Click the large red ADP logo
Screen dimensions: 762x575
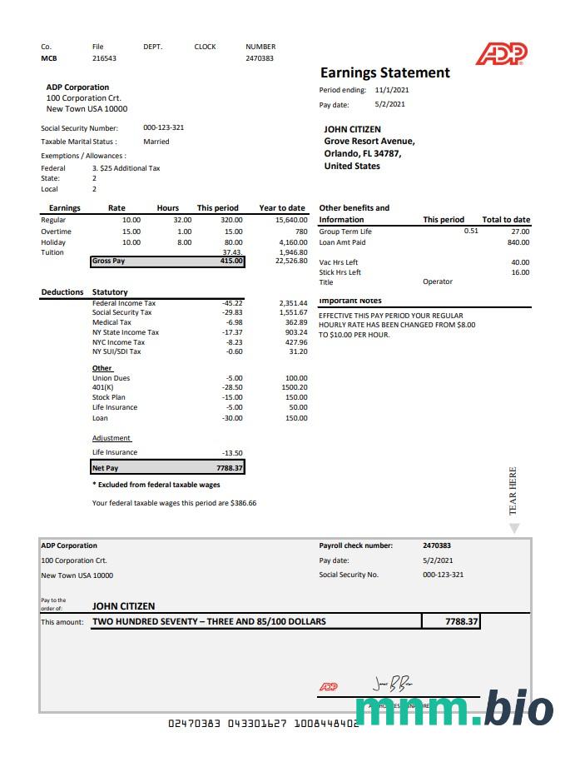point(501,54)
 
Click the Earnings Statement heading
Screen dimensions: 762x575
point(384,72)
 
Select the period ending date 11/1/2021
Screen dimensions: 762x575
point(392,90)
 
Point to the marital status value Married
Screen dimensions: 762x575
point(156,142)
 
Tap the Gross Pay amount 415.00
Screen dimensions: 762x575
point(232,261)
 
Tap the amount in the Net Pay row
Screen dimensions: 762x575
point(228,468)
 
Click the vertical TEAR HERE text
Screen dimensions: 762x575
point(513,491)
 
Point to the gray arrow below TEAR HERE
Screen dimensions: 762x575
point(513,528)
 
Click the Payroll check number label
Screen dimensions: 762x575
point(356,545)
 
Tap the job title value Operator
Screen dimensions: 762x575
point(438,281)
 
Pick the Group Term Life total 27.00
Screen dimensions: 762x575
point(520,232)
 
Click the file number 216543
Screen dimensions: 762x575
point(104,58)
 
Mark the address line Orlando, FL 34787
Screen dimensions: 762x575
point(363,153)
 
